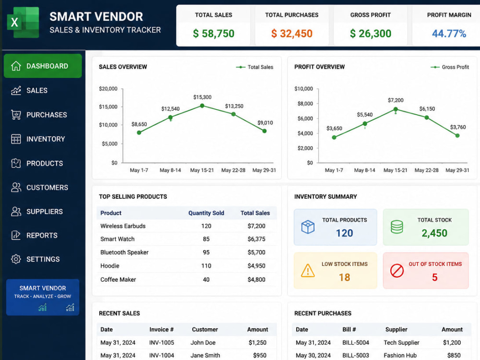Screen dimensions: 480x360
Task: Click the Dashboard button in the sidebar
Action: pos(43,66)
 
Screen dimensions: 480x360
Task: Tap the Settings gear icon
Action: pos(16,259)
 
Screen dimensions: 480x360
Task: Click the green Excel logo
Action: pos(23,23)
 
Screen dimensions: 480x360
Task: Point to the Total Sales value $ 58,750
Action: pos(214,34)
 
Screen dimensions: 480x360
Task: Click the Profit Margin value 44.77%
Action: pos(449,34)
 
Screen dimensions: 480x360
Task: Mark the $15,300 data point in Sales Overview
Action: pos(202,106)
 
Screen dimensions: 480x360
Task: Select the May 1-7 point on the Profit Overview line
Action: pos(334,137)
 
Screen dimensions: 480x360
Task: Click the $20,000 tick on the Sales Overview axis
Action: pos(108,89)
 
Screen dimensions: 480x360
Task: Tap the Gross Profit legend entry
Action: pos(450,67)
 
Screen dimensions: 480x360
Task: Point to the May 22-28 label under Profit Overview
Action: pos(426,170)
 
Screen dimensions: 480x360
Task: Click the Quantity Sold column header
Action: pos(206,213)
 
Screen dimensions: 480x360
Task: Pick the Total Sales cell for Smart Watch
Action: pos(256,239)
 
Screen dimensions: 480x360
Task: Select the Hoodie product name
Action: pos(109,266)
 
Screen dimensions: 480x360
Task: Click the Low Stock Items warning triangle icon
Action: pos(308,271)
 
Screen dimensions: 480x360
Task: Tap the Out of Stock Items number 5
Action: pos(435,277)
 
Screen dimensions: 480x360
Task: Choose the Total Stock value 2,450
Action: pos(434,233)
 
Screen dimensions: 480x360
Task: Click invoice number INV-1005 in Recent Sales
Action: pos(162,343)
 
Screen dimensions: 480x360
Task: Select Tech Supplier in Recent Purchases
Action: pos(401,343)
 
